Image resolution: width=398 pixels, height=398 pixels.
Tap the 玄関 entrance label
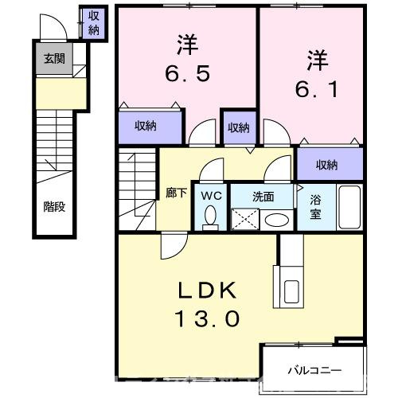point(49,58)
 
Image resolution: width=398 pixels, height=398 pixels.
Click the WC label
point(211,194)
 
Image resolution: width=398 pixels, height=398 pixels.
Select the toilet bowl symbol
point(211,215)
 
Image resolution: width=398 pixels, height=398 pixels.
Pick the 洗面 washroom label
point(264,194)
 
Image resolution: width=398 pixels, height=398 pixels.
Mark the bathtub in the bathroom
point(349,206)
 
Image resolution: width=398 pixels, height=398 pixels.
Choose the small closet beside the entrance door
point(93,24)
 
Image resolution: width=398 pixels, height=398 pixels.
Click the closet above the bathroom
point(327,164)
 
